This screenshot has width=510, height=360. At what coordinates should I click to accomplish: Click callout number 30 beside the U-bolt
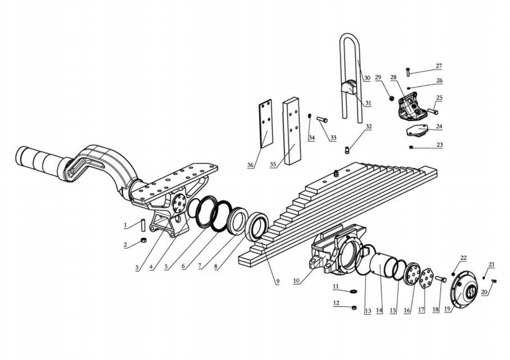click(367, 78)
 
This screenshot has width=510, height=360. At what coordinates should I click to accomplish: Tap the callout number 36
click(250, 165)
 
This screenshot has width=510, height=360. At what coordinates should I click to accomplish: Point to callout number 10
click(296, 281)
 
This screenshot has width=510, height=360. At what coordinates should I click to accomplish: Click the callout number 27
click(439, 66)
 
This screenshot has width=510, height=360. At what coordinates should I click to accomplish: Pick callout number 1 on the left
click(125, 225)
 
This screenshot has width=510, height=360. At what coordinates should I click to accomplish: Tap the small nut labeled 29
click(392, 98)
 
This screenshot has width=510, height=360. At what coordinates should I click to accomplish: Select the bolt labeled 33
click(322, 119)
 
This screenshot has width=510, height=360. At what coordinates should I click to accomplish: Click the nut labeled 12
click(354, 307)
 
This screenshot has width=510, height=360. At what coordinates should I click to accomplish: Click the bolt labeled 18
click(441, 280)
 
